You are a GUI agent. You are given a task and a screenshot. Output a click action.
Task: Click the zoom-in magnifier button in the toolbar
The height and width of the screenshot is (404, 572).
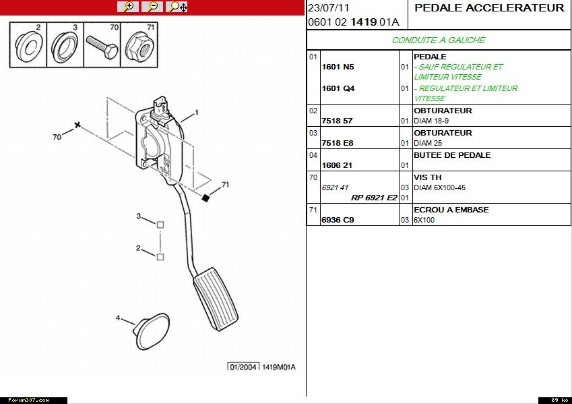[x=127, y=7]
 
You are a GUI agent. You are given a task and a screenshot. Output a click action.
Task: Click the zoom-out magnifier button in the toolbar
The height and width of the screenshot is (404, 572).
[x=152, y=7]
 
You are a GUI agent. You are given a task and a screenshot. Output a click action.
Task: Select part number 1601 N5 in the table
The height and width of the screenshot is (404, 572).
[x=338, y=67]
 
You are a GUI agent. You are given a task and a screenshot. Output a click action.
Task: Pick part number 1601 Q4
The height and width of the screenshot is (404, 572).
[x=338, y=88]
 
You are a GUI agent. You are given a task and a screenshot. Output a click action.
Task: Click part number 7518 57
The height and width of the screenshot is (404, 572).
[x=338, y=121]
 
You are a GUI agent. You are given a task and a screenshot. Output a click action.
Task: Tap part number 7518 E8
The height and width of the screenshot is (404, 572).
[x=338, y=144]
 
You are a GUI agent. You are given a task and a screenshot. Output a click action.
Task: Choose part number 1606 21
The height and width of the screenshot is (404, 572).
[x=338, y=165]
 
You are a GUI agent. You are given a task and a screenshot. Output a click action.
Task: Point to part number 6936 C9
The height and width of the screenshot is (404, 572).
[x=338, y=220]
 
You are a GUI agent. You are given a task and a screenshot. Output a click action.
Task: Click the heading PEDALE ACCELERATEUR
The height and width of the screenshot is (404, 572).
[x=489, y=8]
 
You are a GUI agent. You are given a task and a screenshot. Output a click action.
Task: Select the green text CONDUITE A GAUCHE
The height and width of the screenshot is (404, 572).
[x=439, y=40]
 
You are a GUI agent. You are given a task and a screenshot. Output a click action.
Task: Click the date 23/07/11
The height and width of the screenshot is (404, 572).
[x=329, y=8]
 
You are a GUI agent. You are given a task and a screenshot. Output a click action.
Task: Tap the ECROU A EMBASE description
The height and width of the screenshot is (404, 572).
[x=451, y=210]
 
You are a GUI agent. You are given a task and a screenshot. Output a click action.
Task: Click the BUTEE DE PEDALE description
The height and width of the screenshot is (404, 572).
[x=451, y=155]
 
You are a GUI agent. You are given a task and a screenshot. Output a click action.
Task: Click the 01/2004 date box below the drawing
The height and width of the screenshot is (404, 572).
[x=243, y=367]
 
